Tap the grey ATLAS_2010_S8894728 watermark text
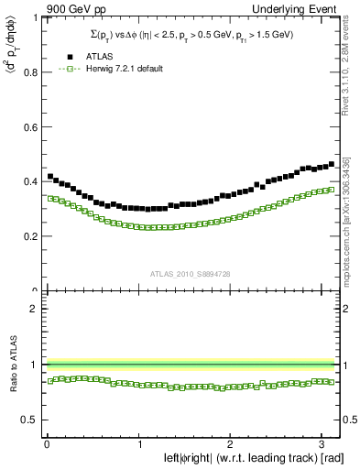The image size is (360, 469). (x=191, y=272)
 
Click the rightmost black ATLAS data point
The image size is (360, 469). (x=332, y=164)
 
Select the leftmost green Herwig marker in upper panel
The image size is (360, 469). (x=50, y=198)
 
